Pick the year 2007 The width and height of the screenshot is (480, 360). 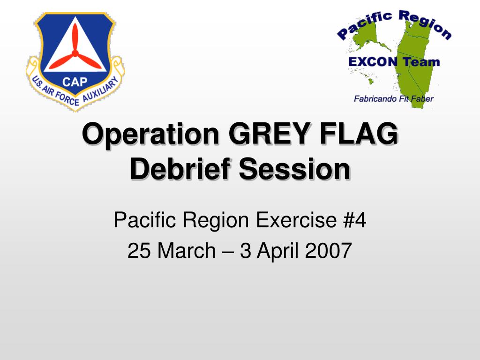click(x=328, y=251)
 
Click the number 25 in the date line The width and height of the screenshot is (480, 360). click(x=139, y=251)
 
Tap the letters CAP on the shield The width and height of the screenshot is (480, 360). click(x=75, y=82)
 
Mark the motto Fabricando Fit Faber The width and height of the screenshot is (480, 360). click(x=393, y=99)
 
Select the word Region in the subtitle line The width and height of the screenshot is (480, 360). click(x=213, y=220)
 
